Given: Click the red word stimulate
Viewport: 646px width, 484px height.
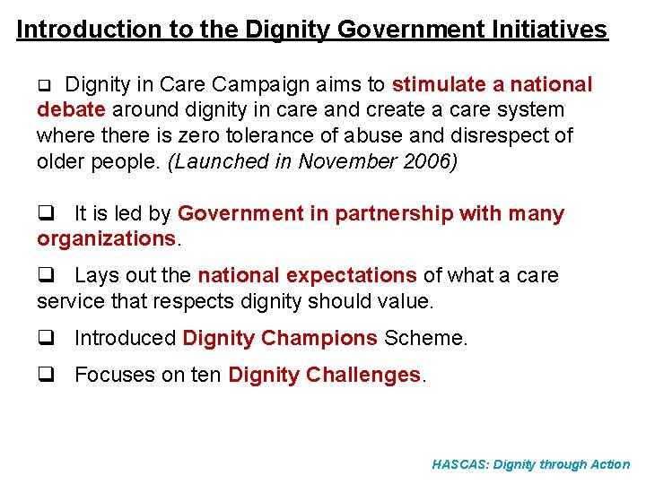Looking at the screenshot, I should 438,84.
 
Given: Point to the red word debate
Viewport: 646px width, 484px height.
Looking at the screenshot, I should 72,110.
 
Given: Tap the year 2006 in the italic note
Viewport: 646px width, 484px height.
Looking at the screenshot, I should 429,162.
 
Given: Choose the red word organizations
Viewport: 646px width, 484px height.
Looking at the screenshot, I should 107,239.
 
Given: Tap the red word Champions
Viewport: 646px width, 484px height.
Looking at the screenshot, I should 319,338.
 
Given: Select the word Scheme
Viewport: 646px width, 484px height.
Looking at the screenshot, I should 425,338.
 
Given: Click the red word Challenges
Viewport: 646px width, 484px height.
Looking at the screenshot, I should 362,375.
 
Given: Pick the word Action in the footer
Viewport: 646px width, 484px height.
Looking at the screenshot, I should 611,464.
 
